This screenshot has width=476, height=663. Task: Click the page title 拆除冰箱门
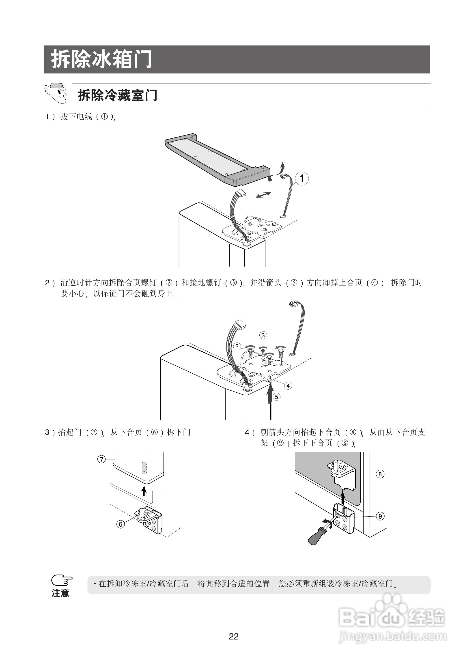coord(101,59)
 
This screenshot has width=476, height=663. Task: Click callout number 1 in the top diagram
coord(302,178)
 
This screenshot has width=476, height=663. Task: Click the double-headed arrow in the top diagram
coord(263,195)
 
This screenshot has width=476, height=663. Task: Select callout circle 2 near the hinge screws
coord(237,347)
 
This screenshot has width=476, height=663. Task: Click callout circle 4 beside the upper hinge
coord(288,386)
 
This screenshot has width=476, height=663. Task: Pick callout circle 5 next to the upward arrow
coord(276,397)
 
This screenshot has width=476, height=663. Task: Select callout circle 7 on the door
coord(101,460)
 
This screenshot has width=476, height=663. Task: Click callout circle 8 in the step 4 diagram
coord(380,474)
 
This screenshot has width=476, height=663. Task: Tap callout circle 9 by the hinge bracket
coord(380,516)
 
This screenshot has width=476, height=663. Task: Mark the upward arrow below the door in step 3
coord(144,491)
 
